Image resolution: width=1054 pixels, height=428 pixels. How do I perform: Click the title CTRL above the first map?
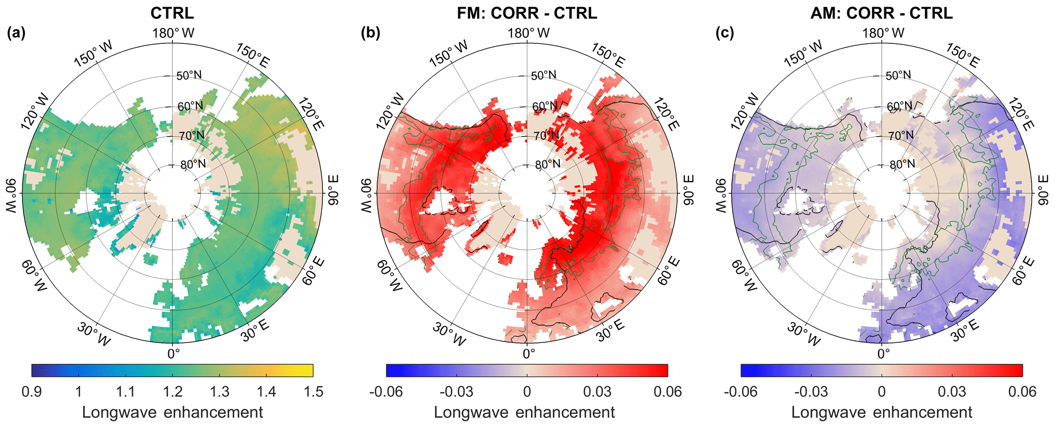coord(172,12)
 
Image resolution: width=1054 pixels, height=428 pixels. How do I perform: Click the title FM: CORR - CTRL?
coord(527,12)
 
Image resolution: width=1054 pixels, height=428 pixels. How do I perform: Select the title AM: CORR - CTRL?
coord(881,12)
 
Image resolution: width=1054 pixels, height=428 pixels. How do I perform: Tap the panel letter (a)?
coord(16,34)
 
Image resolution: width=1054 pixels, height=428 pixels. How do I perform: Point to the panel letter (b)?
coord(370,34)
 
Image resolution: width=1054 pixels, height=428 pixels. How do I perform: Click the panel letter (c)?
coord(725,34)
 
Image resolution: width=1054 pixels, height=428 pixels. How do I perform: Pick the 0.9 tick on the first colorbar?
coord(32,392)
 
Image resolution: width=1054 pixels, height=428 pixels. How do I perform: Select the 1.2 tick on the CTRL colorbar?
coord(172,392)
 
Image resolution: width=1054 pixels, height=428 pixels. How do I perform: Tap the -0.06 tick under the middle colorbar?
coord(386,392)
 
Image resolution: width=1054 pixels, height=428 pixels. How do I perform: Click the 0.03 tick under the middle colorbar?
coord(597,392)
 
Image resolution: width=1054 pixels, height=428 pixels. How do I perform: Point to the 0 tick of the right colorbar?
coord(882,392)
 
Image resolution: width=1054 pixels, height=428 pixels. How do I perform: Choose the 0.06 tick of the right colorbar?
coord(1022,392)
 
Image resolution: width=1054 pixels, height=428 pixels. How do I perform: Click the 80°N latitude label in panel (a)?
coord(193,164)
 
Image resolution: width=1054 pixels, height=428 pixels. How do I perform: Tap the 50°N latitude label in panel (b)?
coord(544,75)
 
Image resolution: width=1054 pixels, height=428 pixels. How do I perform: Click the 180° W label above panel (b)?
coord(529,33)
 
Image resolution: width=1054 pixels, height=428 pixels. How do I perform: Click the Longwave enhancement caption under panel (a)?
coord(172,412)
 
